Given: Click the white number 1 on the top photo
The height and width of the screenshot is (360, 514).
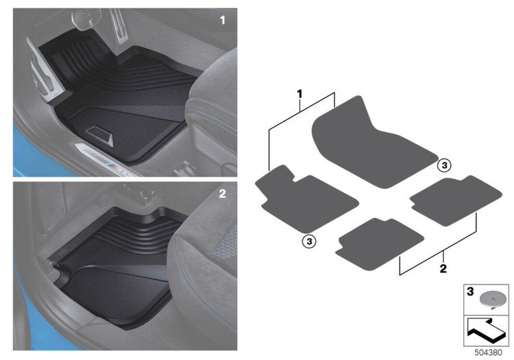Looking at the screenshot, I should pyautogui.click(x=222, y=21).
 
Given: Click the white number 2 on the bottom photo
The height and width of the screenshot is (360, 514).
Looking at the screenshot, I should pyautogui.click(x=222, y=194).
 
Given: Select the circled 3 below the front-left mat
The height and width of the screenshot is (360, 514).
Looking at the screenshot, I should pyautogui.click(x=308, y=240).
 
